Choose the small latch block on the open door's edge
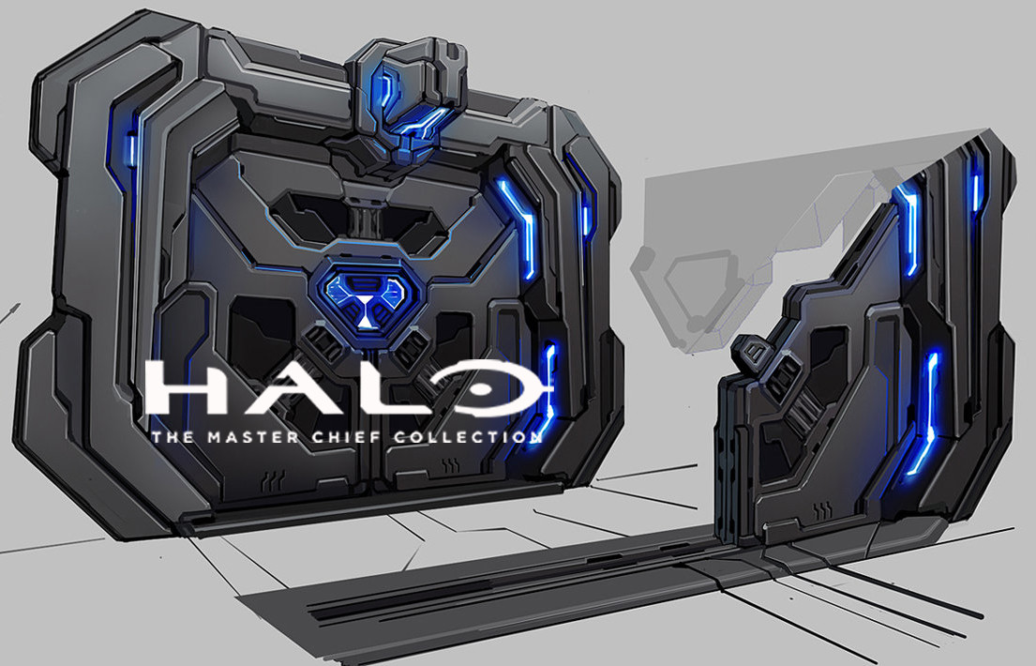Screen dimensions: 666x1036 [753, 353]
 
